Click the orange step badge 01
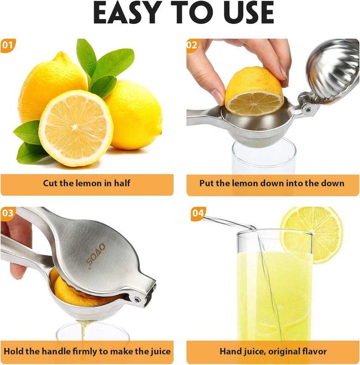8,45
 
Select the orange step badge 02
193,45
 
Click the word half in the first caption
122,183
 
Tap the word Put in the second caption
207,183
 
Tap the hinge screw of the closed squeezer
137,300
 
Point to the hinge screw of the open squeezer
308,109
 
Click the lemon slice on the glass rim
312,235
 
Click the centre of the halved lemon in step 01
75,127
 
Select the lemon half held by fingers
254,92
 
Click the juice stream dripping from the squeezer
83,333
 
